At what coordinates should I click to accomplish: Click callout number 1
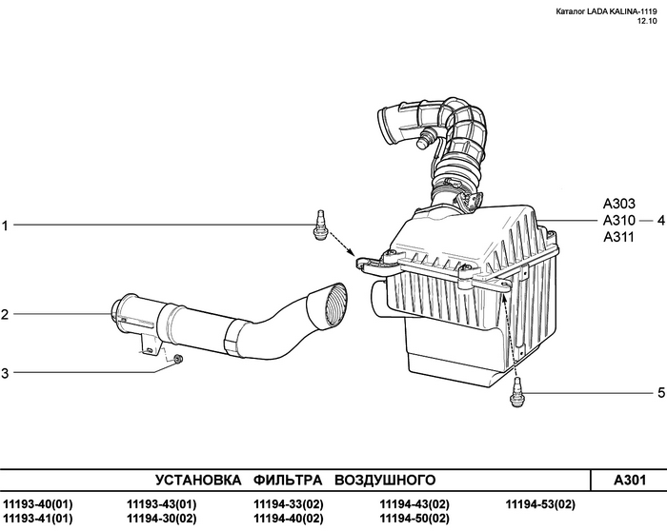click(x=5, y=226)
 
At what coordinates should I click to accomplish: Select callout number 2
click(x=5, y=314)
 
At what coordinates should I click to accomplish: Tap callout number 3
click(x=5, y=373)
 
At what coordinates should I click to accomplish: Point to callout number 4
click(x=660, y=220)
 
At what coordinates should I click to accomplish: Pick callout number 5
click(x=660, y=392)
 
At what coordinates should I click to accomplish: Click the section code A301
click(x=629, y=479)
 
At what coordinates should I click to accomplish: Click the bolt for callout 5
click(x=518, y=391)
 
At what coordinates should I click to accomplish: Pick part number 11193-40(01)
click(x=37, y=503)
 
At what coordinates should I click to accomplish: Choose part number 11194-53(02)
click(x=540, y=503)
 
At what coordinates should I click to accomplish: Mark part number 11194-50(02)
click(x=414, y=519)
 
